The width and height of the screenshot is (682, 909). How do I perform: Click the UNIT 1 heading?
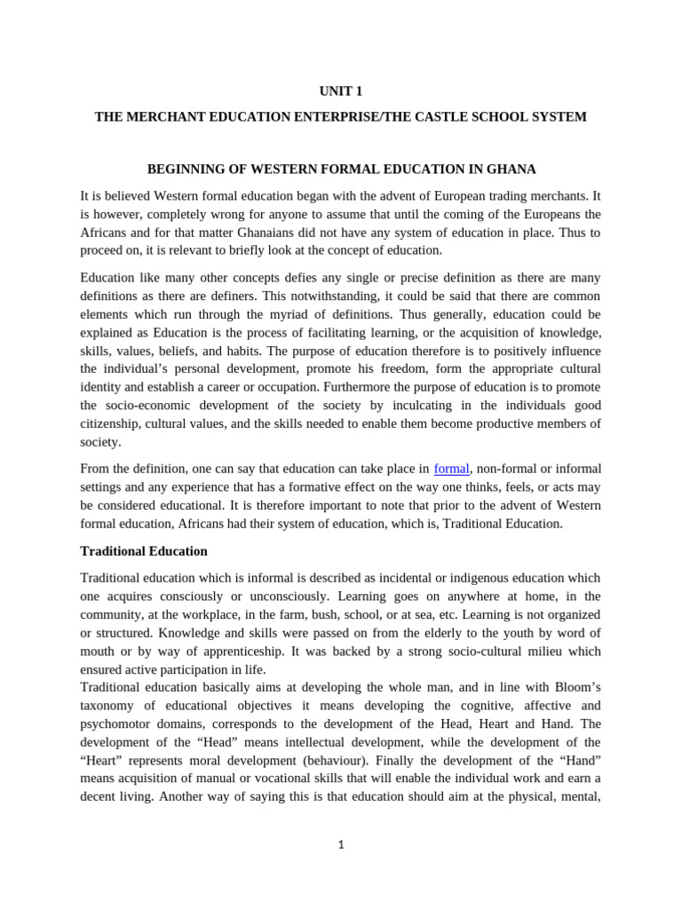coord(341,91)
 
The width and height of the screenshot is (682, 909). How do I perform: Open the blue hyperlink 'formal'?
coord(451,469)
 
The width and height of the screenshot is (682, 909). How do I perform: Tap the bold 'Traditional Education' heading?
coord(144,551)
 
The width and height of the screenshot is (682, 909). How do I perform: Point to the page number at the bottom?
coord(341,845)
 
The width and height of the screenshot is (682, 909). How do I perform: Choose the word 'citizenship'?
coord(109,424)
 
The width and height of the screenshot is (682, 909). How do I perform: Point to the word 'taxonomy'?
coord(108,706)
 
